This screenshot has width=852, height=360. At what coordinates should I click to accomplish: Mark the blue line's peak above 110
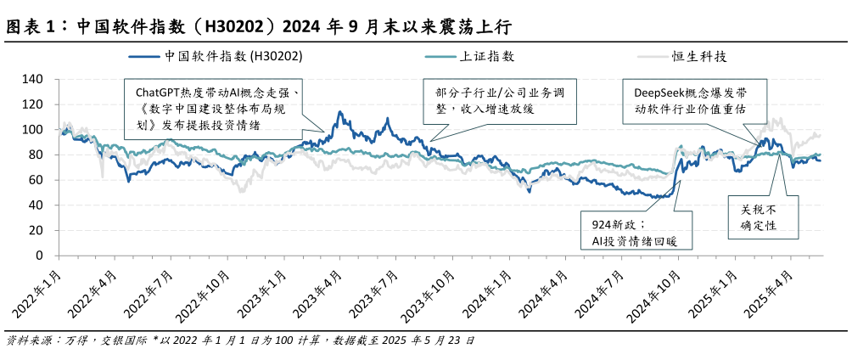pos(339,112)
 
